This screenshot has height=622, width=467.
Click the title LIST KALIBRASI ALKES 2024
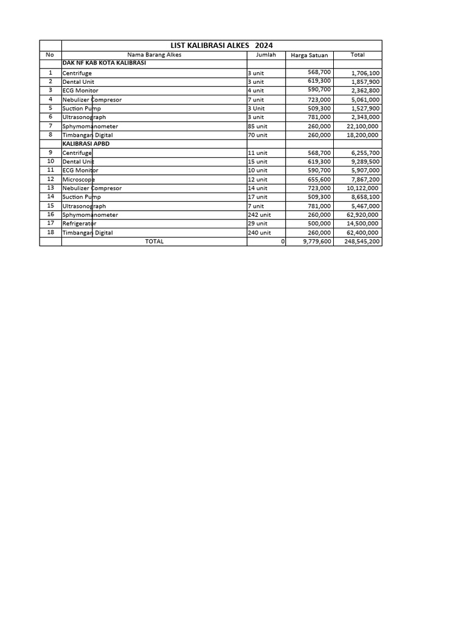pyautogui.click(x=221, y=46)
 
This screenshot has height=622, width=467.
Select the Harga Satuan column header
pyautogui.click(x=310, y=55)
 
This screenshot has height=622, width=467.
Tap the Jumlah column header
pyautogui.click(x=266, y=55)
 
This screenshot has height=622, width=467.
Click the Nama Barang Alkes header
pyautogui.click(x=154, y=55)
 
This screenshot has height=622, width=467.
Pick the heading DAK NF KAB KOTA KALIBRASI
pyautogui.click(x=104, y=63)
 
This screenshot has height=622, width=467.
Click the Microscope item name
pyautogui.click(x=78, y=180)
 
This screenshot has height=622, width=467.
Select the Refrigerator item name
pyautogui.click(x=79, y=224)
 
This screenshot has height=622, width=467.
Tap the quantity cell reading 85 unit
pyautogui.click(x=258, y=126)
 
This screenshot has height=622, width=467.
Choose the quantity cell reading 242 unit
pyautogui.click(x=260, y=215)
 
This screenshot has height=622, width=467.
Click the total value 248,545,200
pyautogui.click(x=362, y=242)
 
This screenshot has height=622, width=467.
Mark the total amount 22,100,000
pyautogui.click(x=362, y=126)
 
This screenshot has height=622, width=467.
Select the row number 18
pyautogui.click(x=50, y=232)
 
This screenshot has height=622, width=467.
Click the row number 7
pyautogui.click(x=50, y=126)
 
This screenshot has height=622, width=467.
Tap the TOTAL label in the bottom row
pyautogui.click(x=154, y=242)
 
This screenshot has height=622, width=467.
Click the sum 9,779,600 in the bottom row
pyautogui.click(x=317, y=242)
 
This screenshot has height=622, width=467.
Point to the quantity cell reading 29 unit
pyautogui.click(x=258, y=224)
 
